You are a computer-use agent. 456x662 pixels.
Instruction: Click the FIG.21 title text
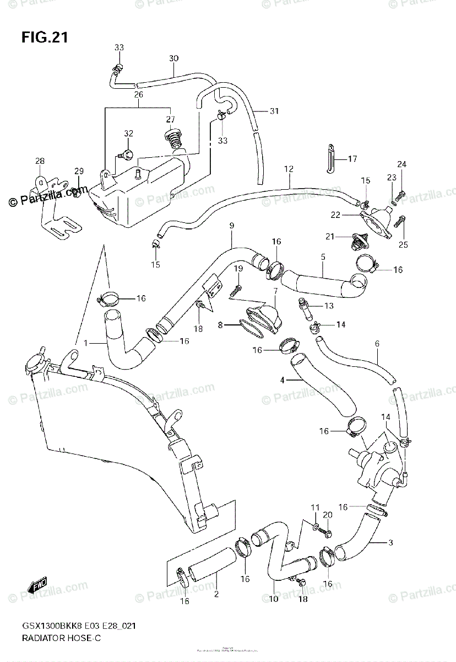pyautogui.click(x=45, y=37)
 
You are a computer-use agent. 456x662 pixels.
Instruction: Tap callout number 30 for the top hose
pyautogui.click(x=173, y=58)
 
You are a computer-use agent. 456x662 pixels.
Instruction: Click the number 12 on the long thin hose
pyautogui.click(x=289, y=169)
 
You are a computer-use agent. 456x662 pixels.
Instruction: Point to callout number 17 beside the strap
pyautogui.click(x=352, y=159)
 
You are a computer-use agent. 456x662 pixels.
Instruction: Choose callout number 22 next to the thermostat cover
pyautogui.click(x=350, y=214)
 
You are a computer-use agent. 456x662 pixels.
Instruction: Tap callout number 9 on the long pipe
pyautogui.click(x=232, y=226)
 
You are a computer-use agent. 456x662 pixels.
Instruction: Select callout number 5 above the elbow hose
pyautogui.click(x=323, y=257)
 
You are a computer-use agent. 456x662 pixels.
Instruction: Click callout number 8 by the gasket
pyautogui.click(x=220, y=325)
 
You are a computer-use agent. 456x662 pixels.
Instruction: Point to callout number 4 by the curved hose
pyautogui.click(x=282, y=380)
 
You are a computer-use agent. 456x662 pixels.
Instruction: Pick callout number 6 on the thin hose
pyautogui.click(x=377, y=344)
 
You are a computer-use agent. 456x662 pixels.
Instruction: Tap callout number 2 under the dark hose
pyautogui.click(x=216, y=594)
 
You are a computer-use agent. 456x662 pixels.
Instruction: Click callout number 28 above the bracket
pyautogui.click(x=39, y=161)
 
